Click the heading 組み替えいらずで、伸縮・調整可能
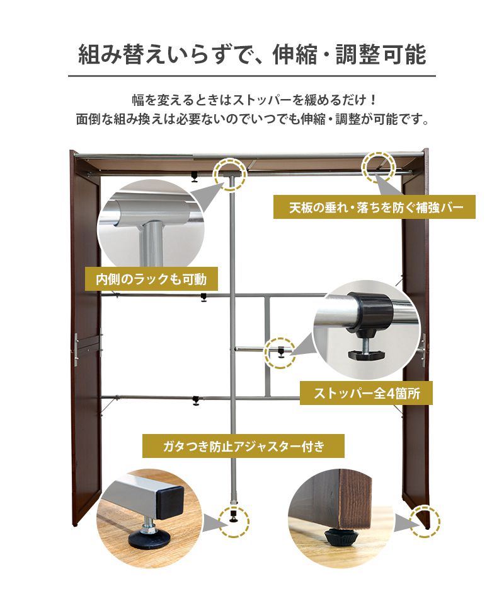click(252, 54)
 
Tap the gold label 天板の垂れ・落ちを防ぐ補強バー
click(374, 207)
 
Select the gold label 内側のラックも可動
click(151, 279)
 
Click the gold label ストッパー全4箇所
click(366, 393)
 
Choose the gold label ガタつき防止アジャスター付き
click(243, 446)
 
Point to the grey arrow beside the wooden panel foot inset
click(406, 522)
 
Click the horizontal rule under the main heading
click(252, 76)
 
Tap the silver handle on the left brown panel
click(76, 349)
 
